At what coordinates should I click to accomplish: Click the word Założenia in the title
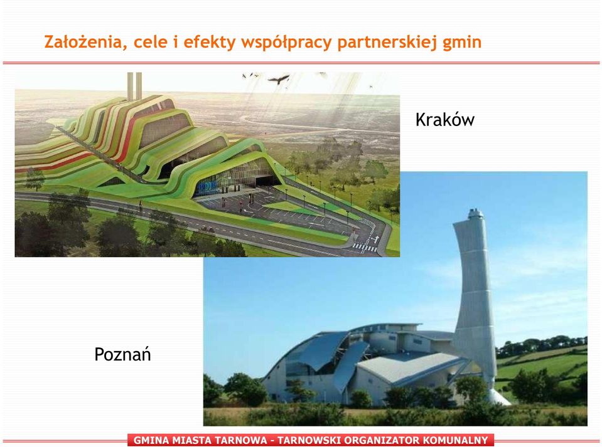82,42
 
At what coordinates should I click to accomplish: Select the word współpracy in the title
286,43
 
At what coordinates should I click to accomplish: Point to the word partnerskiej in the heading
387,43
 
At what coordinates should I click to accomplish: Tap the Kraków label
444,119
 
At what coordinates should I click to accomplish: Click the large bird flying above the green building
279,80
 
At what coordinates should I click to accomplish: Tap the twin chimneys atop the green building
135,87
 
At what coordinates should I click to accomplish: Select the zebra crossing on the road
364,247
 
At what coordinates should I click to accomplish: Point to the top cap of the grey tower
475,214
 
